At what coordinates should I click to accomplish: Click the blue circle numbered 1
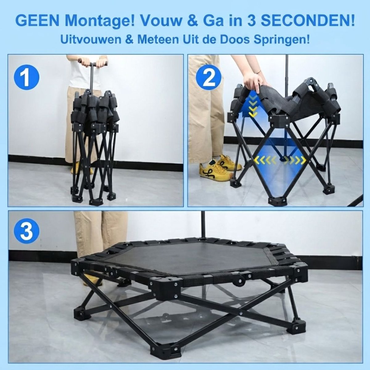tap(27, 78)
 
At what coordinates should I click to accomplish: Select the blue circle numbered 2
tap(209, 78)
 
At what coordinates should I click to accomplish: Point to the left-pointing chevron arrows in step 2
tap(265, 160)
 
